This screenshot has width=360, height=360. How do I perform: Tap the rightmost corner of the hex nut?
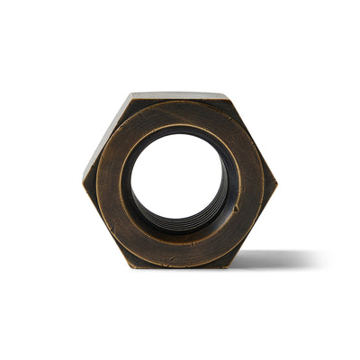click(277, 181)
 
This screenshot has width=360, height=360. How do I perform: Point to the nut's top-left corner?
click(131, 94)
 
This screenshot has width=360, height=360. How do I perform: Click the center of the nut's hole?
click(177, 179)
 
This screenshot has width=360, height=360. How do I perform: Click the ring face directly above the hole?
click(178, 115)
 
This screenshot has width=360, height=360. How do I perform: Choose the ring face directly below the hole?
click(179, 248)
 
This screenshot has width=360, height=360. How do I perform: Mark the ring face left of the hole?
click(110, 180)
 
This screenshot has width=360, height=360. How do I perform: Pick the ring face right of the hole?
click(247, 180)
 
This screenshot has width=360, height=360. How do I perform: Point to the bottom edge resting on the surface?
click(180, 266)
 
